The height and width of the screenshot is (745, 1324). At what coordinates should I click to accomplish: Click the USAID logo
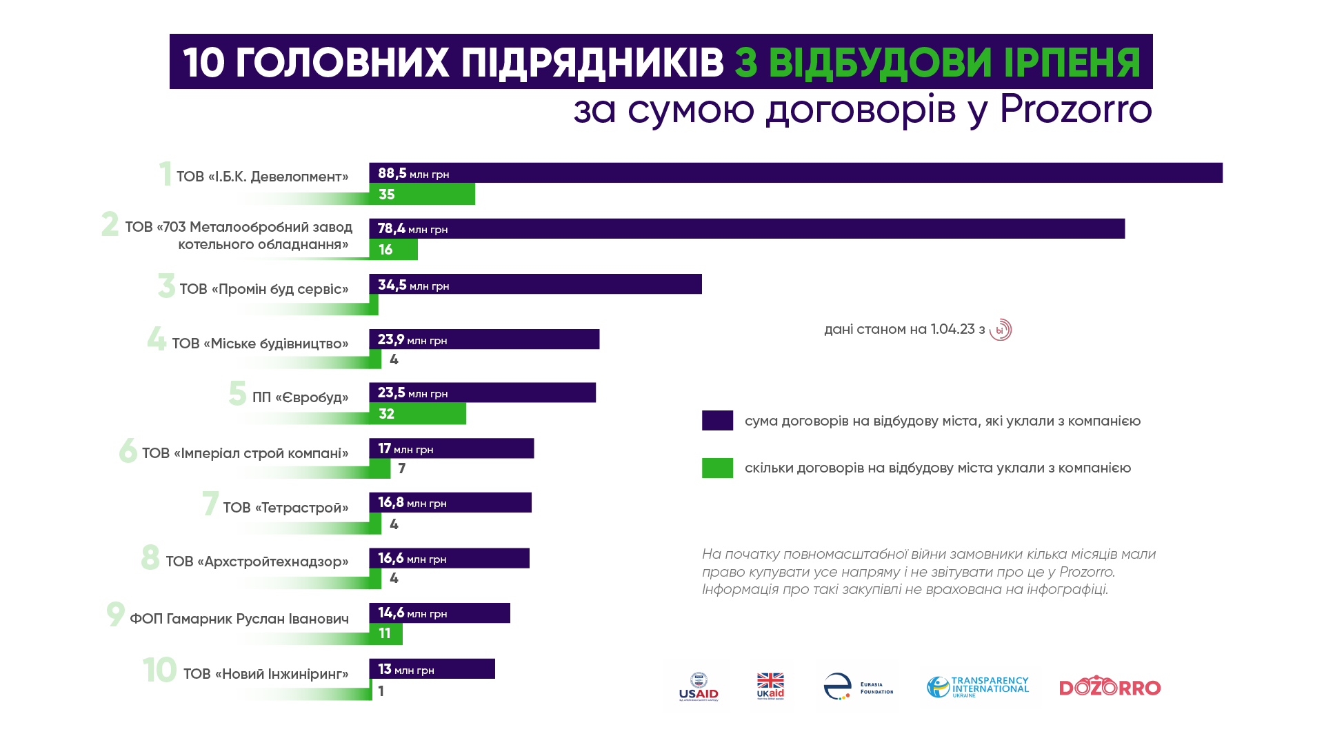(698, 686)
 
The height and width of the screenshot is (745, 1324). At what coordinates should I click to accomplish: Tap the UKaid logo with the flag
(770, 686)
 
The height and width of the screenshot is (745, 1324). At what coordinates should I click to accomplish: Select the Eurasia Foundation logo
(858, 686)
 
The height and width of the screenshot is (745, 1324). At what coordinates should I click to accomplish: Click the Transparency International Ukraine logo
(977, 686)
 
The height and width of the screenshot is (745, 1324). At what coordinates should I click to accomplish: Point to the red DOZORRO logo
(1110, 687)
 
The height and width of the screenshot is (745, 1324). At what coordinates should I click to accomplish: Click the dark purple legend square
(717, 421)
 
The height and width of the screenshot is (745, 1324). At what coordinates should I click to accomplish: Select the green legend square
(717, 468)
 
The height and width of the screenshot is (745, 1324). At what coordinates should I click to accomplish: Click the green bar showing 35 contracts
(428, 195)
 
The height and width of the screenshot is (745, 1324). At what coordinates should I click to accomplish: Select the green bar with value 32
(421, 414)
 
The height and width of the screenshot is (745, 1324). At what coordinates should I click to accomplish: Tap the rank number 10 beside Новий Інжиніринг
(160, 670)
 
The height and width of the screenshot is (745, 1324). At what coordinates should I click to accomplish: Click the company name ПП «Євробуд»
(300, 398)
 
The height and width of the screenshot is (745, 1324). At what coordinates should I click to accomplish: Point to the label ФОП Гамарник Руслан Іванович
(239, 619)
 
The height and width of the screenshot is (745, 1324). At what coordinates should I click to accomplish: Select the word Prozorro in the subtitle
(1075, 110)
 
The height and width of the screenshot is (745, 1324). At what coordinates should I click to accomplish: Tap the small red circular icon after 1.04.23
(1000, 330)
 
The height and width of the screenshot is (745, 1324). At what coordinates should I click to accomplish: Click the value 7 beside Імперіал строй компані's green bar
(402, 469)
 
